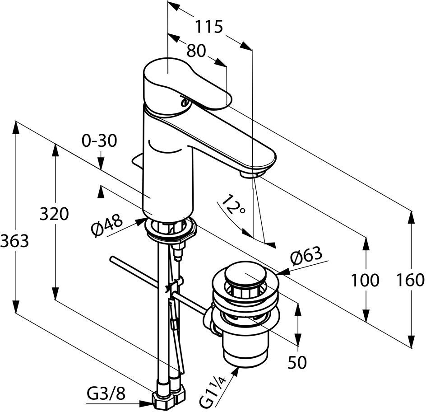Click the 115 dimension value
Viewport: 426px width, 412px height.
(209, 27)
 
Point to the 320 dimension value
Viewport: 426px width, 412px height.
(54, 214)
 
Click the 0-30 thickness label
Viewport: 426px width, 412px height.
(99, 141)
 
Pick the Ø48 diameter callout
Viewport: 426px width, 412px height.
(106, 226)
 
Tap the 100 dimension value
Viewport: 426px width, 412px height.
(365, 281)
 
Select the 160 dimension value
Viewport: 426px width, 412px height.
(411, 281)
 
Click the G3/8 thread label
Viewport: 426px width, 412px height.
(106, 395)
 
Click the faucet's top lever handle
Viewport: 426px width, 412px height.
(181, 81)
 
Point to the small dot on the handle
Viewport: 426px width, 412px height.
(184, 103)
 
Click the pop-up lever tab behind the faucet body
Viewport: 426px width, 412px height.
(137, 160)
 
